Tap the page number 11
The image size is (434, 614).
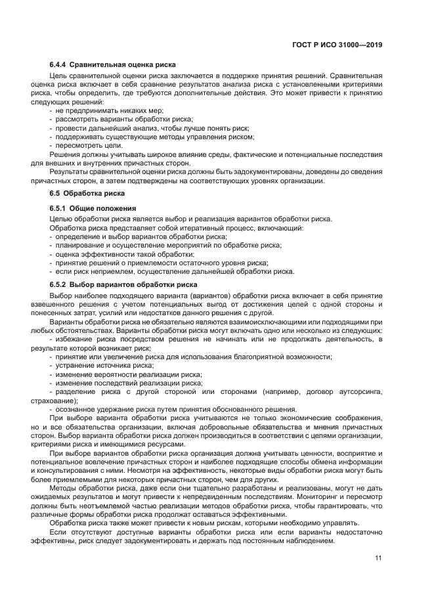pyautogui.click(x=378, y=558)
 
